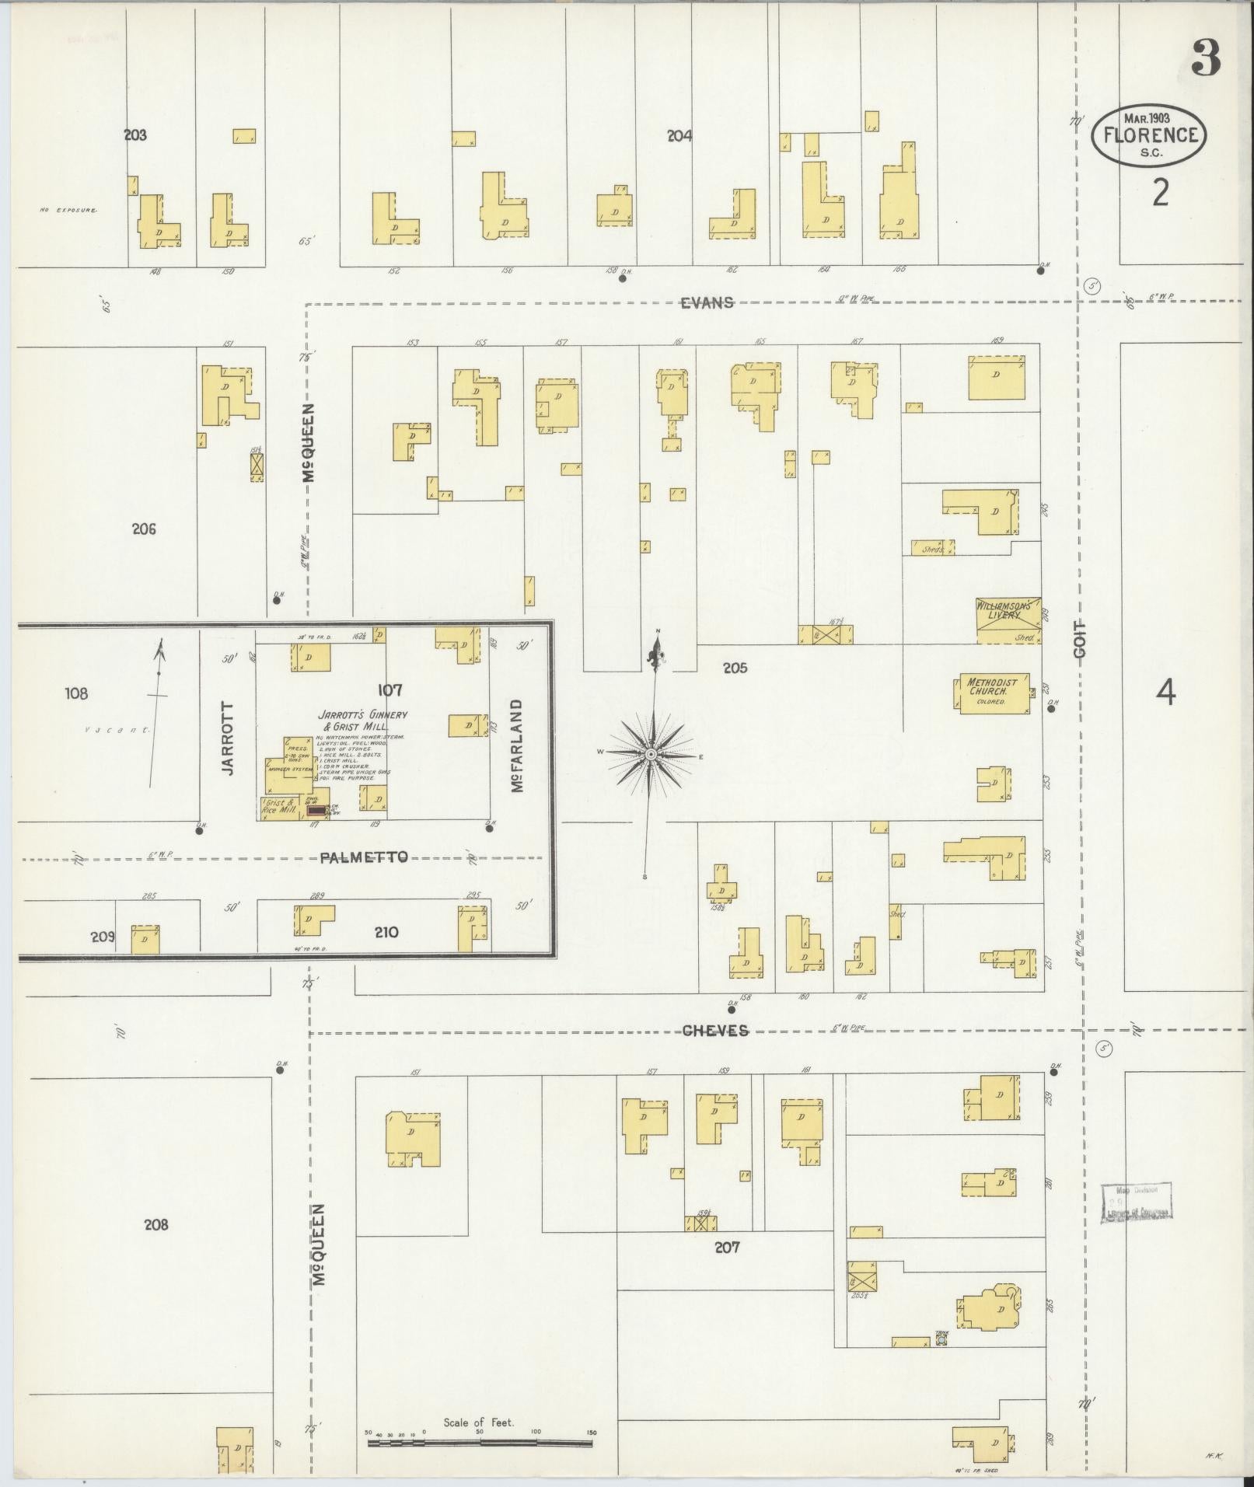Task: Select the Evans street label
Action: (x=707, y=303)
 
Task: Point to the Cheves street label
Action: (x=715, y=1031)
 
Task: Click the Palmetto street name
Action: (x=364, y=857)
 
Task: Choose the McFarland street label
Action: (x=517, y=745)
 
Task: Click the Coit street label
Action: (x=1079, y=639)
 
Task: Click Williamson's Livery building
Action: (x=1008, y=620)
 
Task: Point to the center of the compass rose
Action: (x=651, y=755)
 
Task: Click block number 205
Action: (x=734, y=667)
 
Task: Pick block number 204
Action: (x=679, y=136)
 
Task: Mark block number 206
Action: (x=144, y=529)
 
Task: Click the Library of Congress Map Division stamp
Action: (x=1136, y=1223)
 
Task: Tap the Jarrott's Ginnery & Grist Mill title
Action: (x=362, y=720)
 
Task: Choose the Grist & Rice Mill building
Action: (x=279, y=808)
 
